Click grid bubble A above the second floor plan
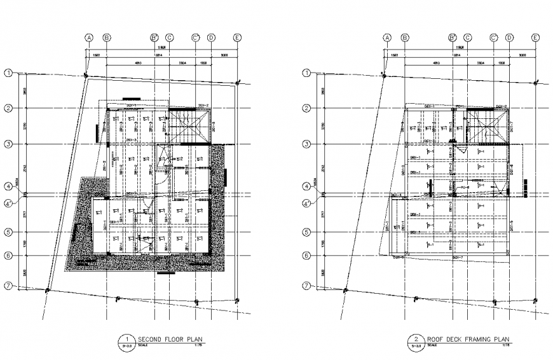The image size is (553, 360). pyautogui.click(x=90, y=38)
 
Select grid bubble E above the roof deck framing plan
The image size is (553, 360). pyautogui.click(x=535, y=38)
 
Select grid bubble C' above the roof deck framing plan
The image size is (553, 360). pyautogui.click(x=493, y=38)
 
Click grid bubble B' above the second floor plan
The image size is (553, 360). pyautogui.click(x=154, y=38)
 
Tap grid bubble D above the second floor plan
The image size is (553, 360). pyautogui.click(x=211, y=38)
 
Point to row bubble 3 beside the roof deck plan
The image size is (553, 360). pyautogui.click(x=306, y=144)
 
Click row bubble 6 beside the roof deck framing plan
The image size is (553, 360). pyautogui.click(x=306, y=256)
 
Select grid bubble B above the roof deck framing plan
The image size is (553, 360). pyautogui.click(x=405, y=38)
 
